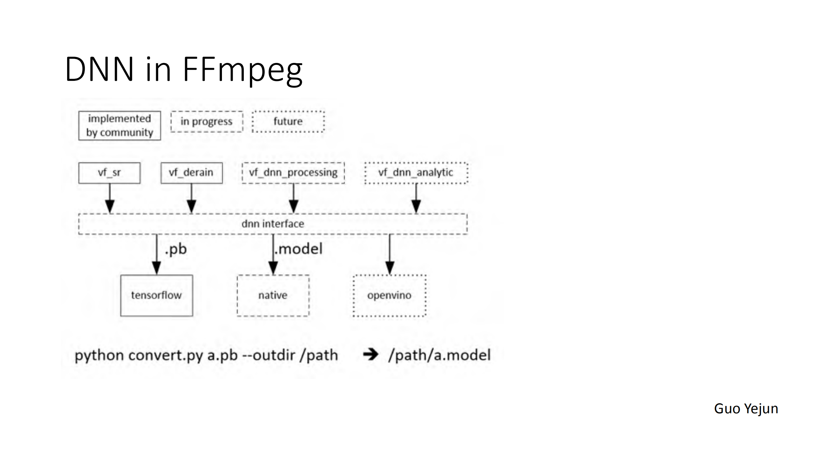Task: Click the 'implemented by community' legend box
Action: coord(120,126)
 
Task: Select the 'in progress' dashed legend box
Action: coord(207,122)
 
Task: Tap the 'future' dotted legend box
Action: coord(288,122)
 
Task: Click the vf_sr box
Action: coord(110,173)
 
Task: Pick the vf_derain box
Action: coord(191,173)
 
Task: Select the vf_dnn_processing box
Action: coord(293,173)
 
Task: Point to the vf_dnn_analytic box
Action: coord(416,173)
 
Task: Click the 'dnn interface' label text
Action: coord(273,224)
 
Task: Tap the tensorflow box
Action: coord(156,295)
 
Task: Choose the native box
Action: coord(273,295)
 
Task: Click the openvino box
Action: coord(389,295)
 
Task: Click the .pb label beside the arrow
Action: coord(176,249)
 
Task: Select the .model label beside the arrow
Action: coord(299,249)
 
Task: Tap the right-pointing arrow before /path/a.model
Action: coord(371,355)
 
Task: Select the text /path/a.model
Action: coord(439,355)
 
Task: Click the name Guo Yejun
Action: coord(746,409)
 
